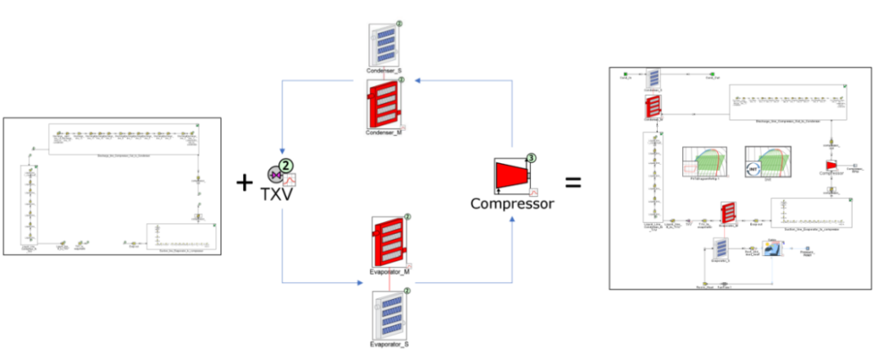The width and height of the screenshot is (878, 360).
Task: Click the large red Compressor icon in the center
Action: click(512, 176)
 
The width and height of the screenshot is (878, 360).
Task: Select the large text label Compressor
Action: click(512, 203)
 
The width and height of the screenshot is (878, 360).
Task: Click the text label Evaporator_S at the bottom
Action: click(388, 345)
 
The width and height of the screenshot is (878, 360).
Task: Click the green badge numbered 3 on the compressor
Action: click(530, 157)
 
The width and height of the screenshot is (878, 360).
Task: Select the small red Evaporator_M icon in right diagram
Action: click(728, 214)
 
